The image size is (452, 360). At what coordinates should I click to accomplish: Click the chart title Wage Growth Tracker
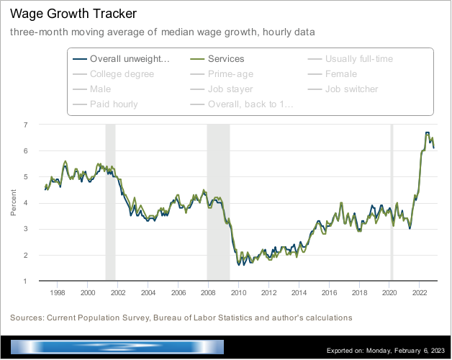(x=63, y=14)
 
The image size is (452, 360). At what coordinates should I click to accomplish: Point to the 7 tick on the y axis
(x=26, y=125)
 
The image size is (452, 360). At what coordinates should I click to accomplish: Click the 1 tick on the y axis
(x=26, y=282)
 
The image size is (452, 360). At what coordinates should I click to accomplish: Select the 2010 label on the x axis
(x=238, y=293)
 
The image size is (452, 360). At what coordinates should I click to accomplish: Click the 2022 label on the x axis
(x=419, y=293)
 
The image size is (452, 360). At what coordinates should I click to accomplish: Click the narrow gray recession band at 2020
(x=392, y=202)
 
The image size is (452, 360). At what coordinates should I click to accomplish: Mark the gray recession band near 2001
(x=110, y=202)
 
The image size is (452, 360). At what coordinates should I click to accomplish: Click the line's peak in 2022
(x=428, y=133)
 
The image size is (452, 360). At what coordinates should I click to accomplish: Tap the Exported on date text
(x=386, y=351)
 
